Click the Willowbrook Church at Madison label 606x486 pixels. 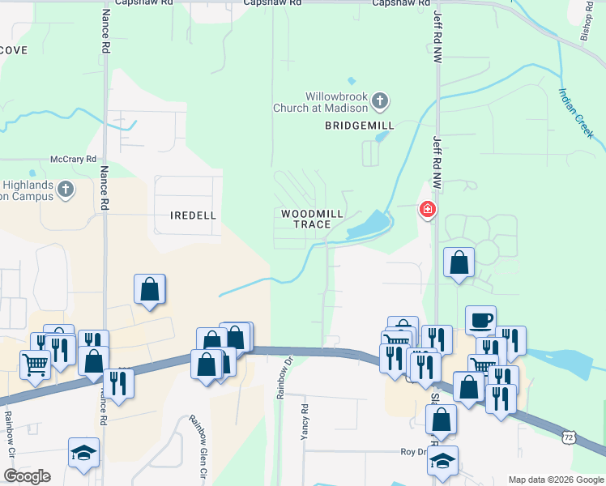coord(336,101)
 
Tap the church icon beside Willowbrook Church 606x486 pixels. coord(381,101)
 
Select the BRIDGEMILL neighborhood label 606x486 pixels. coord(359,126)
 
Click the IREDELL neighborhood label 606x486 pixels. coord(193,215)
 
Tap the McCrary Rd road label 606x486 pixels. coord(73,159)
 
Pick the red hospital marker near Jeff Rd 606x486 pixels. coord(427,211)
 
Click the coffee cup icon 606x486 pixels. coord(480,319)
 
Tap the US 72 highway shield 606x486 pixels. coord(570,437)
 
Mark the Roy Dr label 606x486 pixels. coord(412,452)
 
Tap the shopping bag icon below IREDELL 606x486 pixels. coord(150,288)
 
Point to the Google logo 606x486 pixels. coord(27,476)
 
